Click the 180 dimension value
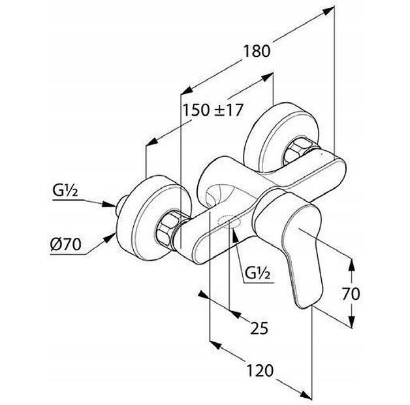[x=257, y=52]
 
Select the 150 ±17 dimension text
[x=213, y=110]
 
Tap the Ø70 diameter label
[x=66, y=244]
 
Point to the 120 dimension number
[x=260, y=370]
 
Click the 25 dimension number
[x=259, y=328]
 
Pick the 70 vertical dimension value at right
[x=351, y=293]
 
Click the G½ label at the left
[x=65, y=191]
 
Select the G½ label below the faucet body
[x=258, y=274]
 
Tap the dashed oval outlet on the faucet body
[x=229, y=221]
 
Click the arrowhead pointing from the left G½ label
[x=108, y=204]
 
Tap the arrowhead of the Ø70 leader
[x=110, y=238]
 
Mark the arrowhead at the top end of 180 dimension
[x=328, y=11]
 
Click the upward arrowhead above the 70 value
[x=352, y=265]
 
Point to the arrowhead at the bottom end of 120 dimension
[x=306, y=395]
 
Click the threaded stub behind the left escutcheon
[x=121, y=205]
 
